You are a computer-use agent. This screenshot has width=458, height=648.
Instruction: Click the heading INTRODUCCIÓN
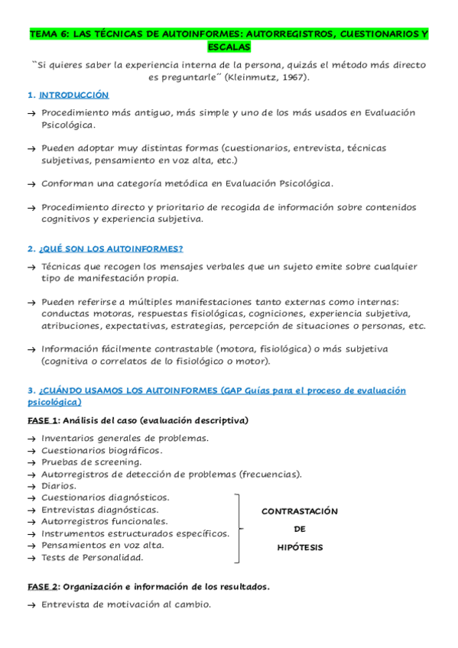coord(73,96)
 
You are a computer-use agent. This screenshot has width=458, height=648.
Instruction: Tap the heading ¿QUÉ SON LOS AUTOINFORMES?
coord(111,249)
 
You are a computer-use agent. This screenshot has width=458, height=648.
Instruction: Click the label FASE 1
coord(43,421)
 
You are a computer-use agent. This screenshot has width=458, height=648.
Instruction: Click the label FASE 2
coord(43,587)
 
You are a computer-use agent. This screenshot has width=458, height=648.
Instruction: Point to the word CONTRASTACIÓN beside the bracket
coord(300,511)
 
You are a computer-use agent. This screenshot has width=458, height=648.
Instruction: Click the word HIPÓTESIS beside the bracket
coord(300,547)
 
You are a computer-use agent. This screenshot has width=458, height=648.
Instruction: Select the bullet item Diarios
coord(59,486)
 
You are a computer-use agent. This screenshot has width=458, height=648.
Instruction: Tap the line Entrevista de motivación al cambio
coord(125,605)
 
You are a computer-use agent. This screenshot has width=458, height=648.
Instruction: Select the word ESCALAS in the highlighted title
coord(229,47)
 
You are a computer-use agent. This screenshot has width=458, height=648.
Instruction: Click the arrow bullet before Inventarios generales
coord(31,439)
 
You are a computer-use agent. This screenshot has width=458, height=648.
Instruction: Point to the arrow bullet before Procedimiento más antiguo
coord(31,113)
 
